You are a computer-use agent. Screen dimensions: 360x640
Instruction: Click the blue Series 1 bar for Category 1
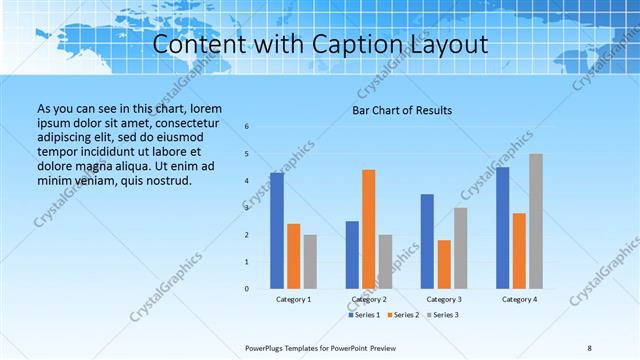[x=277, y=231]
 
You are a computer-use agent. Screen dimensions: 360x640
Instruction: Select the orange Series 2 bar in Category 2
[x=369, y=229]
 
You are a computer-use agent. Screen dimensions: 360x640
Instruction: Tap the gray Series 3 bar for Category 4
[x=536, y=221]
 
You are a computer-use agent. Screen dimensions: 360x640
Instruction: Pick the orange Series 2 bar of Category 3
[x=444, y=264]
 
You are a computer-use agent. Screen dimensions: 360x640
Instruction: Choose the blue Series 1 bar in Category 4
[x=503, y=228]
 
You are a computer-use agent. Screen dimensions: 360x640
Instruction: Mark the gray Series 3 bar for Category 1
[x=310, y=262]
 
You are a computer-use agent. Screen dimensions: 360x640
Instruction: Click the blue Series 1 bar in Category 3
[x=428, y=241]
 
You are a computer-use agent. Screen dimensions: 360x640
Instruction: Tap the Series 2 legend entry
[x=403, y=315]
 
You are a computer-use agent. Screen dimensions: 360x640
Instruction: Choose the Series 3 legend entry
[x=443, y=315]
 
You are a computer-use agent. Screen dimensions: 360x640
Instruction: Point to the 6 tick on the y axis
[x=247, y=127]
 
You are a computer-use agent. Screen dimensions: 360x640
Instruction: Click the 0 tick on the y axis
[x=247, y=289]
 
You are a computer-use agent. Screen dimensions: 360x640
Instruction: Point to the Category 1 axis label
[x=293, y=299]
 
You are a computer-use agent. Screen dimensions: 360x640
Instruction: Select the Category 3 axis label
[x=444, y=299]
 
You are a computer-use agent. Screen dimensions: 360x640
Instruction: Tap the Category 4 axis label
[x=519, y=299]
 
